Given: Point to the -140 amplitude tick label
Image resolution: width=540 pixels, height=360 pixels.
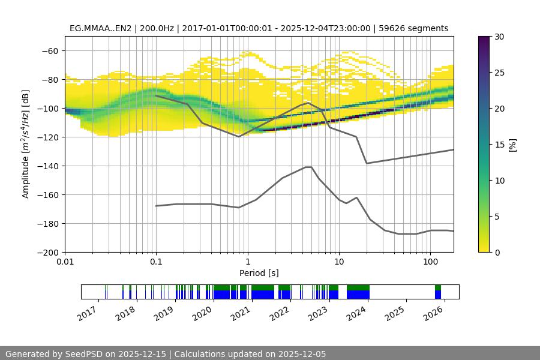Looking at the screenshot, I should [x=48, y=166].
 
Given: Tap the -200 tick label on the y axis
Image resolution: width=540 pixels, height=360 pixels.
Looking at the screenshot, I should [x=48, y=253].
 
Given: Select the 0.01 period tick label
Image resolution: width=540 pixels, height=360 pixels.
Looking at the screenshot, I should [x=65, y=262].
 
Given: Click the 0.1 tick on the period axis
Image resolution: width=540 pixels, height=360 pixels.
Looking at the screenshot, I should [x=156, y=262].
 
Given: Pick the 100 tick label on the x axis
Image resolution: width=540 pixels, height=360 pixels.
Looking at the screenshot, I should [x=430, y=262].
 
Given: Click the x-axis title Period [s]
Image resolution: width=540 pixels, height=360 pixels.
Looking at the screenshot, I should [x=259, y=273].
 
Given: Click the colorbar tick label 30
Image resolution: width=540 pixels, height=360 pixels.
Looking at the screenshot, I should [x=499, y=37].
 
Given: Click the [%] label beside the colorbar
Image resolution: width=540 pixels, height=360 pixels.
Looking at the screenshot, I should [x=512, y=145].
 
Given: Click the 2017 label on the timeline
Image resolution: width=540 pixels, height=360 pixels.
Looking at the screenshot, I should [x=88, y=313].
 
